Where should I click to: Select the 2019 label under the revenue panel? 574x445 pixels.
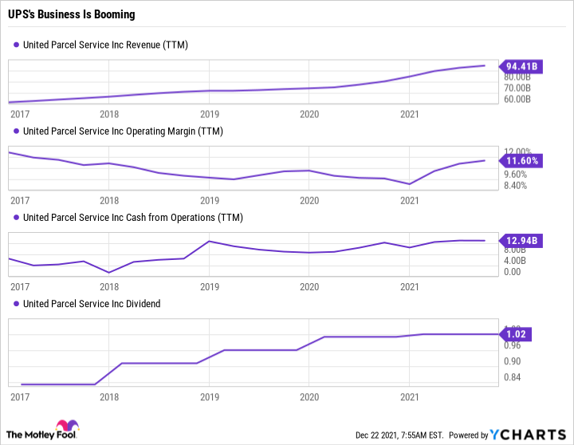[x=209, y=114]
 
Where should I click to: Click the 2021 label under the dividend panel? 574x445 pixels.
[x=409, y=396]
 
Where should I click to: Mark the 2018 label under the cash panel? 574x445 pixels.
[x=109, y=286]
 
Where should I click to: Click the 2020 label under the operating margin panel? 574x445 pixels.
[x=309, y=200]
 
